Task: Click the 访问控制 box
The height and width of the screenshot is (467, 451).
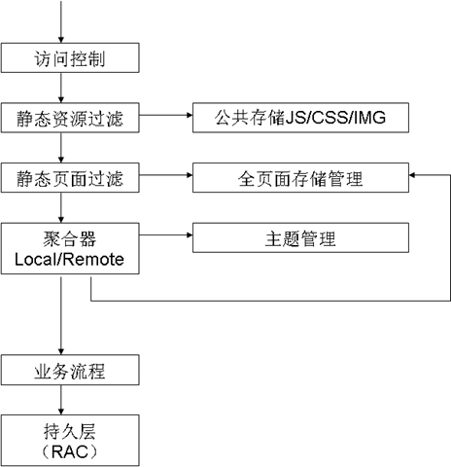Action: coord(70,57)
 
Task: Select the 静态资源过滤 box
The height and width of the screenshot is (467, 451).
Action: coord(70,118)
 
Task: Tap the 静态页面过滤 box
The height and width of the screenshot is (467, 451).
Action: coord(70,178)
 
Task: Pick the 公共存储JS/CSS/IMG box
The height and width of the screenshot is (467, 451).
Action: coord(300,118)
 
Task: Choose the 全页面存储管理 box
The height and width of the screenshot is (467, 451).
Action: coord(300,178)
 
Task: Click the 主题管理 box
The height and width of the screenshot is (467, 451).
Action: coord(300,237)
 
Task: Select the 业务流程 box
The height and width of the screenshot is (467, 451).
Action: coord(70,370)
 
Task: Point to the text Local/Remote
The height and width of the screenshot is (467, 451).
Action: coord(69,260)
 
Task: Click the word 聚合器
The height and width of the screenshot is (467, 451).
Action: coord(70,239)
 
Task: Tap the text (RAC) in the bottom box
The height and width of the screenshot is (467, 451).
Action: coord(70,451)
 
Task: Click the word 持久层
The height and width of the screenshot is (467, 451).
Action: coord(70,431)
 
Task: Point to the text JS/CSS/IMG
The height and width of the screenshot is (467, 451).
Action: coord(336,118)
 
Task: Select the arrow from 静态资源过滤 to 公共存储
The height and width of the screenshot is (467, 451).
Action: coord(166,115)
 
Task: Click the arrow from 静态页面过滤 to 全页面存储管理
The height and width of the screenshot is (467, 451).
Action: coord(166,175)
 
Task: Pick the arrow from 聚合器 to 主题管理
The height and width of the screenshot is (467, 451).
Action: coord(166,234)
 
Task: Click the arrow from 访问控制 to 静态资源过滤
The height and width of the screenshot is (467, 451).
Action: coord(61,88)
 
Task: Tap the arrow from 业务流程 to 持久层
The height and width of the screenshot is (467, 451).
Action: coord(61,400)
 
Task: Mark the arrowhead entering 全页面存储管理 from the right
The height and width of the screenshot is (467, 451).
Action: coord(412,175)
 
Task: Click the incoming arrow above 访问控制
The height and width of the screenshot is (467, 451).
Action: coord(61,21)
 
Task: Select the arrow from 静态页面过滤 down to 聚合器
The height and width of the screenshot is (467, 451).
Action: coord(61,207)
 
